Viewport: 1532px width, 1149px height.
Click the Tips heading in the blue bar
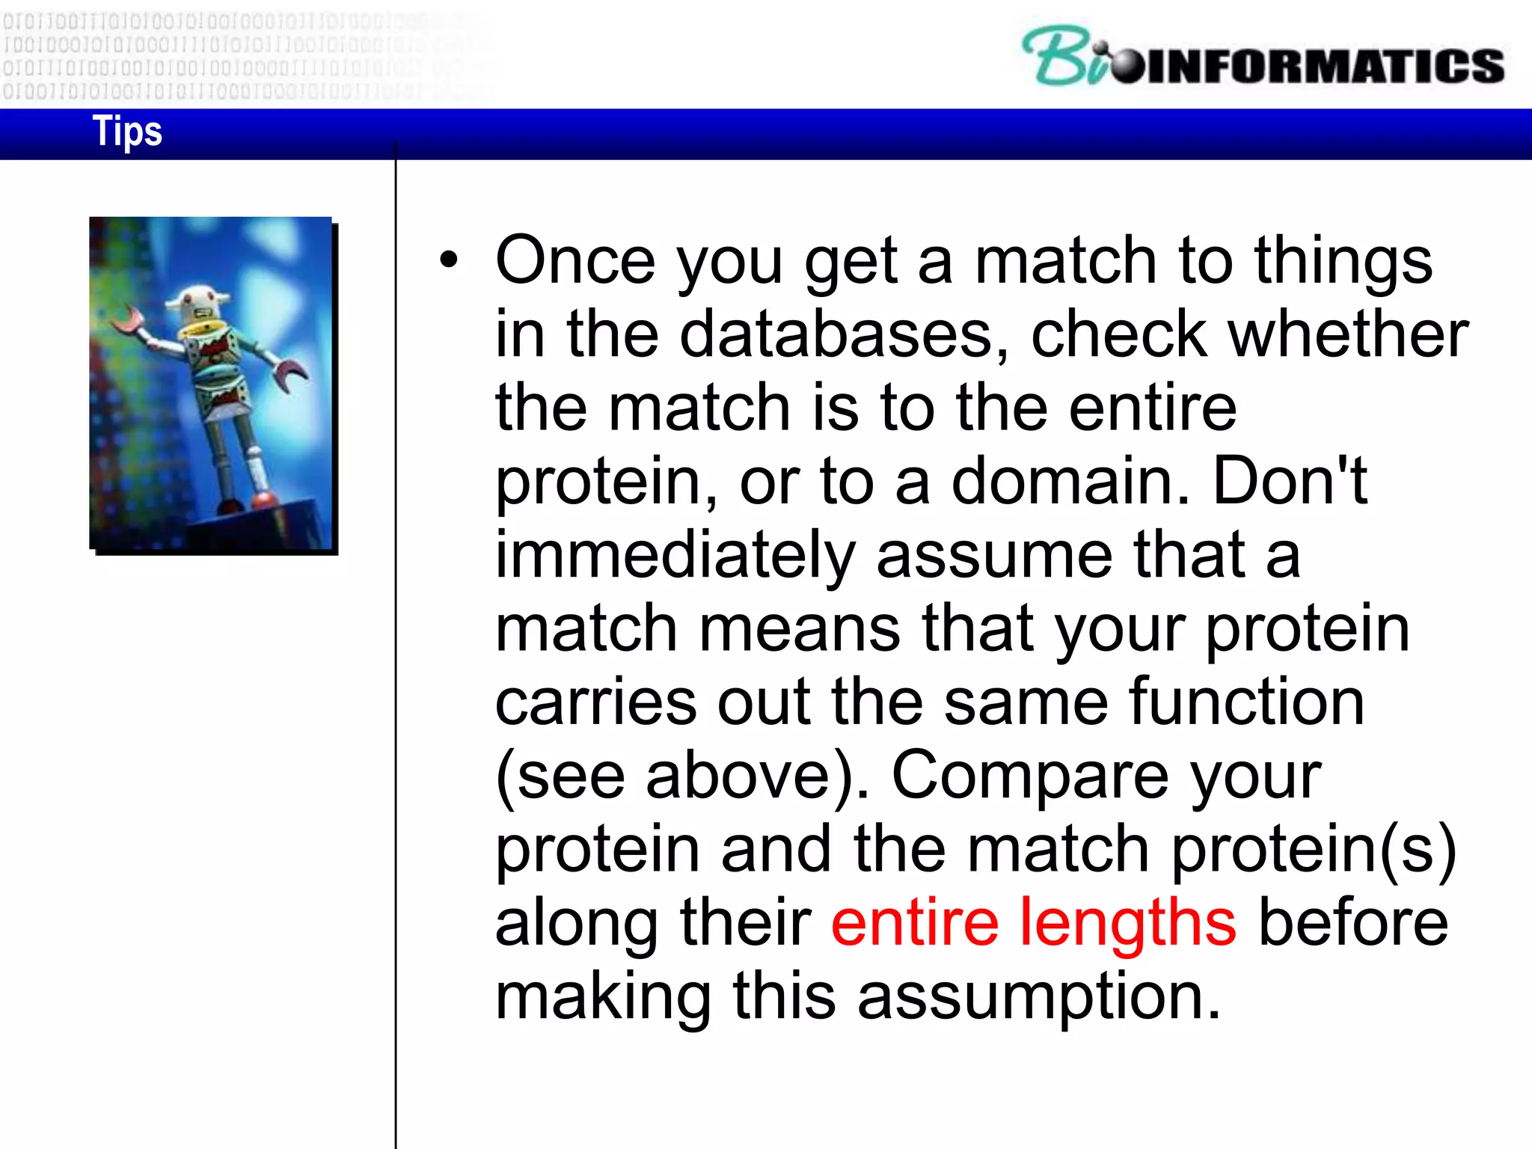pyautogui.click(x=127, y=132)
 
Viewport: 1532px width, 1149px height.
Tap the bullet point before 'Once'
pyautogui.click(x=448, y=260)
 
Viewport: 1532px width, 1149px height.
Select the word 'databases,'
pyautogui.click(x=845, y=334)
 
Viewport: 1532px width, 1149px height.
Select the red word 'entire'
pyautogui.click(x=915, y=922)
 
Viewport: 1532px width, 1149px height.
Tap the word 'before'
pyautogui.click(x=1353, y=922)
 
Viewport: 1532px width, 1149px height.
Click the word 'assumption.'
pyautogui.click(x=1039, y=996)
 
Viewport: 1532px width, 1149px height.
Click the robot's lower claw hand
pyautogui.click(x=289, y=374)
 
